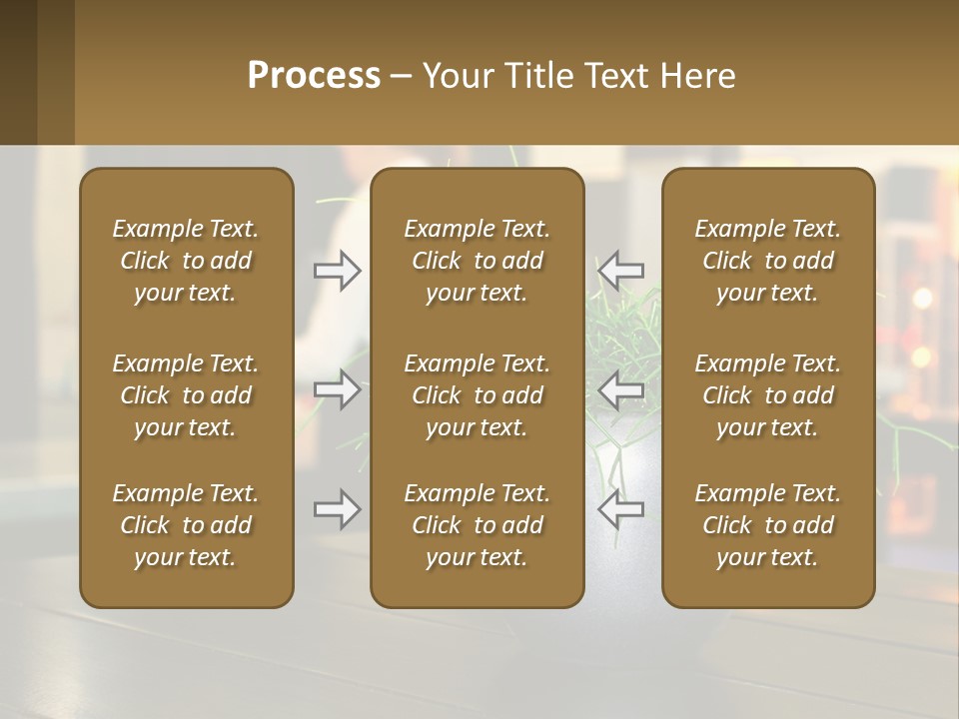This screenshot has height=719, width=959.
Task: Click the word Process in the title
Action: [x=314, y=76]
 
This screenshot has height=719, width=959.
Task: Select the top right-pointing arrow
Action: [x=338, y=270]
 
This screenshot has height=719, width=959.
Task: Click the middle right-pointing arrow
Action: [x=338, y=389]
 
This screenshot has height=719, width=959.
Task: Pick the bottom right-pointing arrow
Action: [x=338, y=509]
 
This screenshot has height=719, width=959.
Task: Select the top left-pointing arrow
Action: [x=620, y=270]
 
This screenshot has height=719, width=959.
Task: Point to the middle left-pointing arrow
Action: [x=620, y=389]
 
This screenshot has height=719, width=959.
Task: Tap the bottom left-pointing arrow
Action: [x=620, y=509]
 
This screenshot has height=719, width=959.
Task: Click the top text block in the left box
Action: [x=186, y=261]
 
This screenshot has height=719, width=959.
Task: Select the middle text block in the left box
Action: [x=186, y=395]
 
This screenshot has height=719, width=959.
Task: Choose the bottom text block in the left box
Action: [x=186, y=525]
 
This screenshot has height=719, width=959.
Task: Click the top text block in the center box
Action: [x=477, y=261]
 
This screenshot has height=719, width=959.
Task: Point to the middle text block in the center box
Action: [x=477, y=395]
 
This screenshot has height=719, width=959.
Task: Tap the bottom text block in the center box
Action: [x=477, y=525]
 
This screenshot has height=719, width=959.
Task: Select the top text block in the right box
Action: [x=767, y=261]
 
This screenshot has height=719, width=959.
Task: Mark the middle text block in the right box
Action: [x=767, y=395]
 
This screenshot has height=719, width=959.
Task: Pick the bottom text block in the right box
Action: [x=767, y=525]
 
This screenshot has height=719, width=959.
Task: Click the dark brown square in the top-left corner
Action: [x=18, y=72]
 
